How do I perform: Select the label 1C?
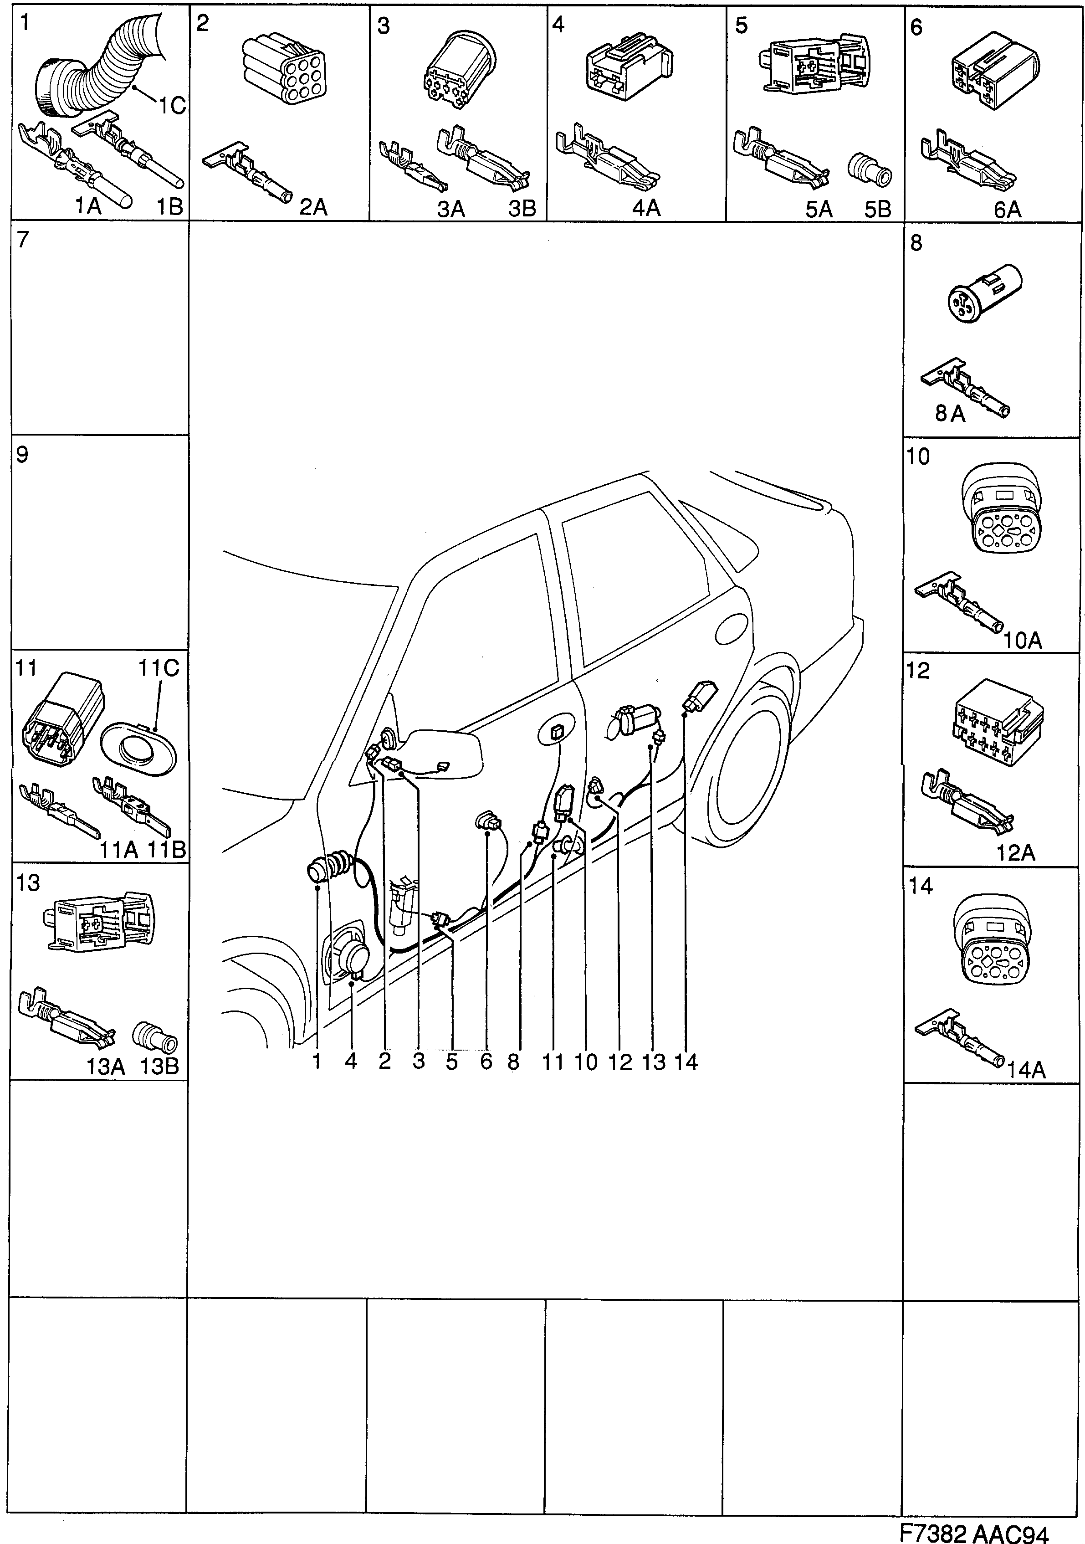(x=172, y=106)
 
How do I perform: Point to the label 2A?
(x=313, y=207)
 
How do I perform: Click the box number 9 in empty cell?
(x=22, y=455)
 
